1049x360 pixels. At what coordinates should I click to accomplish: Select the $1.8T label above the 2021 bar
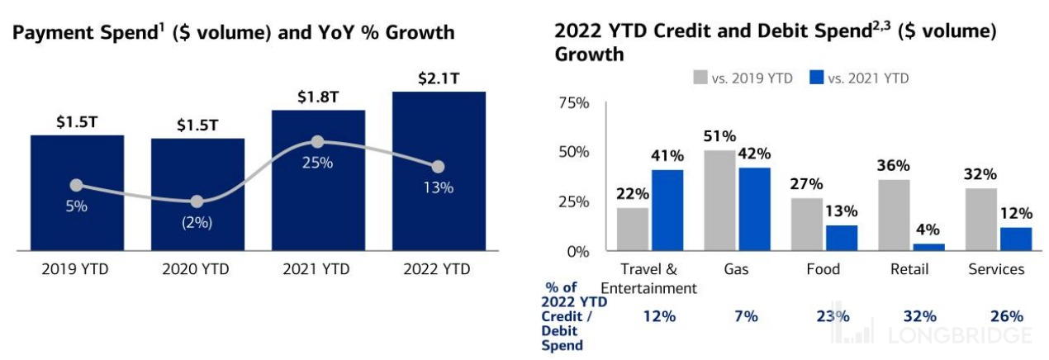[x=318, y=97]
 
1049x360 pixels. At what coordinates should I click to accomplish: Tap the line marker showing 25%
[x=318, y=143]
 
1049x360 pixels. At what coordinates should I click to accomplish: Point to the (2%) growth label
[x=197, y=222]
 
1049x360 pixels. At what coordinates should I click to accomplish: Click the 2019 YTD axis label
[x=76, y=269]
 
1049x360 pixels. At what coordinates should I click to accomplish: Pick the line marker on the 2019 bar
[x=76, y=185]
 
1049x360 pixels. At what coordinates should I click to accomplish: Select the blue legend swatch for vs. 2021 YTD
[x=815, y=78]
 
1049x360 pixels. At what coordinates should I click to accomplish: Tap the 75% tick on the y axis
[x=574, y=103]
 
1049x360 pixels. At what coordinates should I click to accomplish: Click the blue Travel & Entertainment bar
[x=668, y=211]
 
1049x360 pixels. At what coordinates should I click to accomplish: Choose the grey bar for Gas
[x=719, y=201]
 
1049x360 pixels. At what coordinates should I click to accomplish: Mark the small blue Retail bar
[x=928, y=247]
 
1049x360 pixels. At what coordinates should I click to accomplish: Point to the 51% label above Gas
[x=719, y=136]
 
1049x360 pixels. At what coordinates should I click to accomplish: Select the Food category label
[x=823, y=269]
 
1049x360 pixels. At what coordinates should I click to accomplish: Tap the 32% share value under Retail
[x=919, y=316]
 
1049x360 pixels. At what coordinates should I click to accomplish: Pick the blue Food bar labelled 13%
[x=842, y=238]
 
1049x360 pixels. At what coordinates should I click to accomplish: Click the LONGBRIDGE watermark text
[x=961, y=335]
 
